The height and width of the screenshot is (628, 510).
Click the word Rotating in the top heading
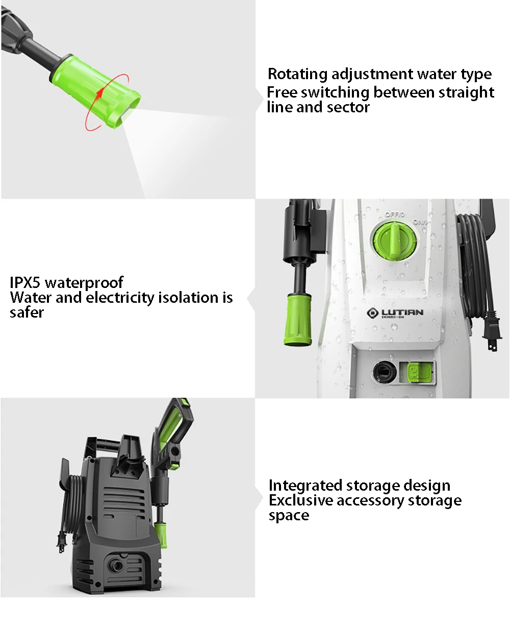coord(297,74)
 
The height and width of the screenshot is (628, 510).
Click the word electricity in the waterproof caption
coord(120,298)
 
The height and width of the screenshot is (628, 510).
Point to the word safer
coord(27,312)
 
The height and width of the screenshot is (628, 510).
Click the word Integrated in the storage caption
coord(305,486)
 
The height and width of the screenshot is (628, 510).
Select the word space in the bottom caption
coord(289,516)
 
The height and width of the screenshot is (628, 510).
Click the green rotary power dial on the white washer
coord(394,240)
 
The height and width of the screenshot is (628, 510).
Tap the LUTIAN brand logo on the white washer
coord(395,313)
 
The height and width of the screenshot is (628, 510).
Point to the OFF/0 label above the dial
coord(395,214)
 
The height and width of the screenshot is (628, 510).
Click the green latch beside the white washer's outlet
coord(419,373)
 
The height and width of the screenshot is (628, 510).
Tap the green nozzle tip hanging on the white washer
coord(297,320)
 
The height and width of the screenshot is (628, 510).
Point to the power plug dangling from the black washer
coord(60,543)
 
